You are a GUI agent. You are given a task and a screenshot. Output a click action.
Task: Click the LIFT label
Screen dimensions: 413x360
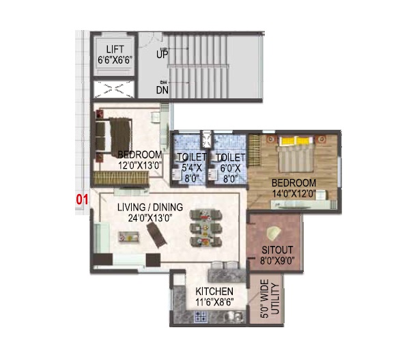(x=115, y=49)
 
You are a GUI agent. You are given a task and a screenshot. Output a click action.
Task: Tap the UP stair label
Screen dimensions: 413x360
(x=162, y=55)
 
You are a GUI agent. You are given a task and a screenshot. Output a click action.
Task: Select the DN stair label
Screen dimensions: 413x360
(x=162, y=90)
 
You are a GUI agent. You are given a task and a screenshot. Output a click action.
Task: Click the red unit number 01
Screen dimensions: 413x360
(x=82, y=199)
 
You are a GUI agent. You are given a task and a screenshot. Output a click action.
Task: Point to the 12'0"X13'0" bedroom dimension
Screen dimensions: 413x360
(x=139, y=165)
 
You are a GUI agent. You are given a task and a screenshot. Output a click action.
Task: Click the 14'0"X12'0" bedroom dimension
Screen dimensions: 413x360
(x=294, y=194)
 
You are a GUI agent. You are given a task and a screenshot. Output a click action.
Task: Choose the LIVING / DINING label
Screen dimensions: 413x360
(x=150, y=207)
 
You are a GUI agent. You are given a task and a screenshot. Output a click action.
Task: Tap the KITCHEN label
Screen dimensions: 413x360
(x=214, y=292)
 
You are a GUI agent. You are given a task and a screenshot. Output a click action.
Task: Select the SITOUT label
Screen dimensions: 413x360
(x=277, y=250)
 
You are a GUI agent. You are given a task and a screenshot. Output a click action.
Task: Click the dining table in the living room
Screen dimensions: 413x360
(x=205, y=227)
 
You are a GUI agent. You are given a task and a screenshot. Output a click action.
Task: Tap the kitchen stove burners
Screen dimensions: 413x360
(x=201, y=316)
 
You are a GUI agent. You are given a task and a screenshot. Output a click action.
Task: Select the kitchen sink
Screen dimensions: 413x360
(x=234, y=316)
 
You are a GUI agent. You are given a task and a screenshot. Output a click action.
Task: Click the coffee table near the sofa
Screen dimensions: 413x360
(x=128, y=236)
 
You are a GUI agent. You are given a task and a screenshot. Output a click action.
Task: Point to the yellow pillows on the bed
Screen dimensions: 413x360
(x=297, y=141)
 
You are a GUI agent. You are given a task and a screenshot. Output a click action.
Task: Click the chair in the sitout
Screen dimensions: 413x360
(x=273, y=233)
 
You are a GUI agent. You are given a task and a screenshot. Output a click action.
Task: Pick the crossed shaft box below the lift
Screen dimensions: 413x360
(x=114, y=89)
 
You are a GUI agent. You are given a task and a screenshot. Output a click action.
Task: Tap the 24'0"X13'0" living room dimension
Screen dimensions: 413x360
(x=150, y=218)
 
